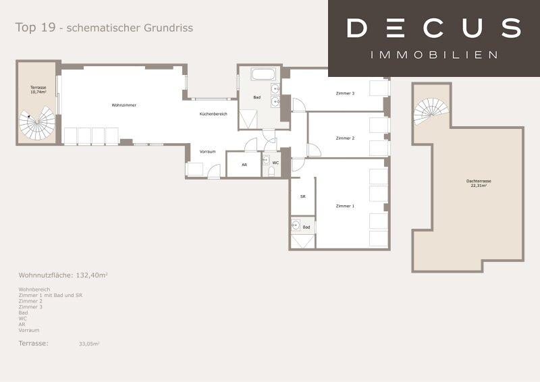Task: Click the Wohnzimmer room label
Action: click(x=124, y=105)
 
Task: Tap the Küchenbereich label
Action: click(x=213, y=114)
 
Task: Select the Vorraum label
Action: click(x=208, y=152)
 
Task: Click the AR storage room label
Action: click(x=244, y=165)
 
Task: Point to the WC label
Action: click(x=275, y=163)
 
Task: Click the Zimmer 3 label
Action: click(x=345, y=93)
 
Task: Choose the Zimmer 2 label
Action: click(x=345, y=138)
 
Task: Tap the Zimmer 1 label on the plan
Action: click(x=345, y=206)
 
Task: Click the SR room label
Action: click(x=302, y=196)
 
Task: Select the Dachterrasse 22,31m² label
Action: click(x=479, y=184)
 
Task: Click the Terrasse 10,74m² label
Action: click(x=38, y=90)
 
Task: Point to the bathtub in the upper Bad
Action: click(x=263, y=74)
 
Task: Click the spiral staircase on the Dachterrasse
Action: click(x=431, y=111)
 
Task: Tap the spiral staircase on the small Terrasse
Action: click(x=37, y=123)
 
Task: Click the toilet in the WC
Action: click(x=271, y=171)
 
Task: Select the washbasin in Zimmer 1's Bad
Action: click(x=296, y=225)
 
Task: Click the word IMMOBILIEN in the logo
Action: click(x=434, y=55)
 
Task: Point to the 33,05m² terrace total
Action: click(x=89, y=344)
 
